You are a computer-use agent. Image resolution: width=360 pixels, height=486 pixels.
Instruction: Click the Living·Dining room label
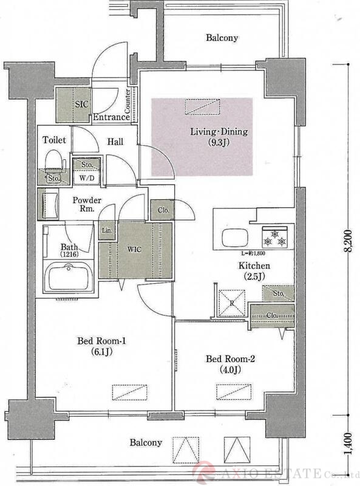click(x=219, y=137)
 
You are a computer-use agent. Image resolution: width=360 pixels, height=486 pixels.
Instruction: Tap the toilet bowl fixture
click(x=55, y=161)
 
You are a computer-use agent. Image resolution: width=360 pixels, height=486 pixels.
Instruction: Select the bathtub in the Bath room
click(x=68, y=277)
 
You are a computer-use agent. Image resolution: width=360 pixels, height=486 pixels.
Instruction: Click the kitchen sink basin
click(x=235, y=238)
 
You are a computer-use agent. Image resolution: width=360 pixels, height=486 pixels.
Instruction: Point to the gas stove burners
click(x=274, y=238)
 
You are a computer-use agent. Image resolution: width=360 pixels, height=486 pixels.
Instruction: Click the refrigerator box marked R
click(x=232, y=303)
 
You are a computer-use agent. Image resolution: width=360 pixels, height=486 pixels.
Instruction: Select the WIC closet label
click(x=134, y=250)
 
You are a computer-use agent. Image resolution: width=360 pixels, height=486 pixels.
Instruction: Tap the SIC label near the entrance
click(x=81, y=104)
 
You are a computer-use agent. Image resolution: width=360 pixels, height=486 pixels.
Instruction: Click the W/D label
click(x=87, y=178)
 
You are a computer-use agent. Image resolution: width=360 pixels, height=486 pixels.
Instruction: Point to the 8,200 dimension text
click(x=348, y=241)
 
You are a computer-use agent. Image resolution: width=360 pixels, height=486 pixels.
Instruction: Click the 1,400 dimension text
click(x=348, y=445)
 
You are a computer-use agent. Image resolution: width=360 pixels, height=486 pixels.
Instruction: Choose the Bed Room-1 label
click(x=101, y=346)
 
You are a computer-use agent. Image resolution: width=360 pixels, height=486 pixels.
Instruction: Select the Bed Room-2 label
click(x=230, y=364)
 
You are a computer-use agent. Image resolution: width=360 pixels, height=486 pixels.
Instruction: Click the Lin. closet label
click(x=107, y=231)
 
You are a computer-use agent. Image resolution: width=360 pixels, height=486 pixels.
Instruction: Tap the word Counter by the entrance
click(x=127, y=101)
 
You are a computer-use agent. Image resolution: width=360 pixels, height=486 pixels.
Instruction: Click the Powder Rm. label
click(x=87, y=204)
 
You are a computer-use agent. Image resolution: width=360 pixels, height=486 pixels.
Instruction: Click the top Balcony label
click(x=222, y=38)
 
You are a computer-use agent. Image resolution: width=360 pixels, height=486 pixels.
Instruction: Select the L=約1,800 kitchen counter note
click(x=253, y=253)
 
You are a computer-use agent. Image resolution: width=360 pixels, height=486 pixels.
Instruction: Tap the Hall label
click(x=115, y=142)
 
